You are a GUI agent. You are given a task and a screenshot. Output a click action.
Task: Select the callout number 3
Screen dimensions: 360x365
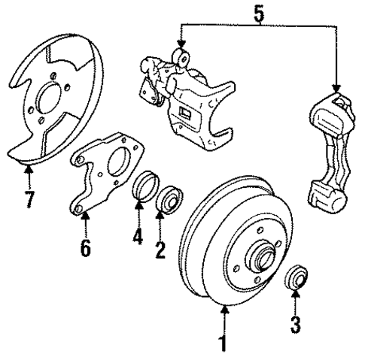click(x=296, y=325)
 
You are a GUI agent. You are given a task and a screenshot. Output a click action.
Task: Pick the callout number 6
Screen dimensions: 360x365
click(x=86, y=247)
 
